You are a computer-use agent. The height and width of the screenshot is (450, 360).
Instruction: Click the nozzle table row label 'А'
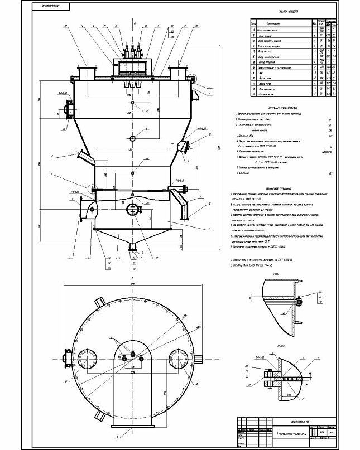point(254,32)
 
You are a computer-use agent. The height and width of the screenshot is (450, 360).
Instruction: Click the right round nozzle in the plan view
point(180,357)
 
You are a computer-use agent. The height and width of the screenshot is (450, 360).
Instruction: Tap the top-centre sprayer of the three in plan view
point(133,351)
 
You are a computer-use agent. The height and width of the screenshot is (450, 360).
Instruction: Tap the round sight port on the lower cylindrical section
point(133,209)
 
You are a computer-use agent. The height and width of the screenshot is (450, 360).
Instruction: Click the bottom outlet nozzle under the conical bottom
point(133,246)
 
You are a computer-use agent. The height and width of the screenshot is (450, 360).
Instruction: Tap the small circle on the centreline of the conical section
point(133,138)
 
